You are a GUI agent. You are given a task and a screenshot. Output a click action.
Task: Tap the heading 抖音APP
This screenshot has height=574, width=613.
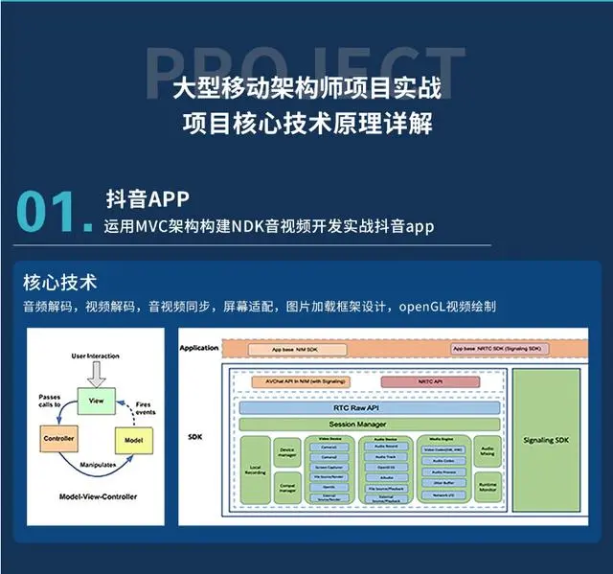click(148, 198)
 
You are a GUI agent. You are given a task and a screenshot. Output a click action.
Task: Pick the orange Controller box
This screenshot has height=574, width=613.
click(58, 440)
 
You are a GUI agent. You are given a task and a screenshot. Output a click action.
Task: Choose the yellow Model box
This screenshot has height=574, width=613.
click(133, 440)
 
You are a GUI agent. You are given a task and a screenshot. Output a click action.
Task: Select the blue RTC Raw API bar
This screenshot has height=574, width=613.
click(368, 406)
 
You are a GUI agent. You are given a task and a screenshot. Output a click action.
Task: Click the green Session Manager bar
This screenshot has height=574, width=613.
click(368, 424)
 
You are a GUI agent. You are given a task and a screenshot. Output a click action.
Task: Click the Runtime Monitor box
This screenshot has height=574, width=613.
click(488, 488)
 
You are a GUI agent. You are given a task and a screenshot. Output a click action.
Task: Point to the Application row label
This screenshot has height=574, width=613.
click(199, 347)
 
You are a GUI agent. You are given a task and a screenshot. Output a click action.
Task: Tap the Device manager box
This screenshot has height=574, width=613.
click(286, 452)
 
